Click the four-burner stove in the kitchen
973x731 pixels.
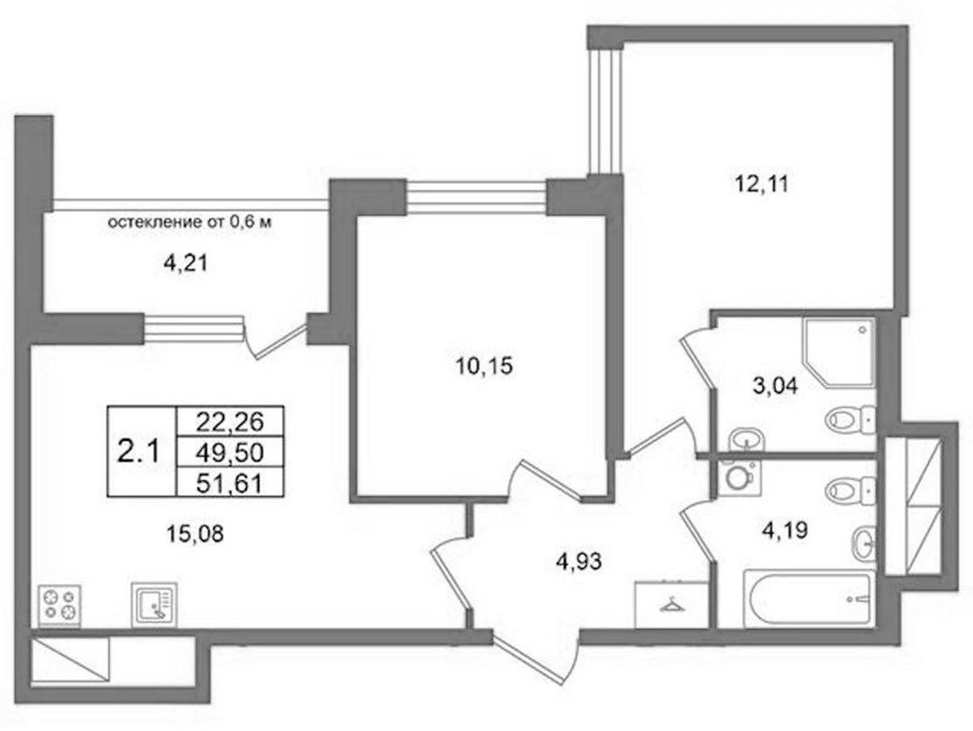(x=59, y=605)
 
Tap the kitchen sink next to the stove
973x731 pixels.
(x=154, y=604)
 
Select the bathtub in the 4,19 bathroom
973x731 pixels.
(x=808, y=599)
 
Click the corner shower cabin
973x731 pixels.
(x=839, y=352)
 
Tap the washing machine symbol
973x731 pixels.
(x=740, y=478)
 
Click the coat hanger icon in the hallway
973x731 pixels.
(x=671, y=604)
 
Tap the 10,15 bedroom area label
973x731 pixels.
(x=484, y=367)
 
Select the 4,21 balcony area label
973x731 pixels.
(x=185, y=264)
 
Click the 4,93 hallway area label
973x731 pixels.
(x=579, y=562)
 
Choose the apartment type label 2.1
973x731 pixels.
(x=139, y=451)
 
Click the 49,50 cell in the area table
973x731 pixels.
(x=230, y=452)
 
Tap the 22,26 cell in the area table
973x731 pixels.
(x=230, y=423)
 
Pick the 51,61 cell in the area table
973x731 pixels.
(x=230, y=483)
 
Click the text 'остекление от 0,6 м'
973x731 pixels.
(x=190, y=222)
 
